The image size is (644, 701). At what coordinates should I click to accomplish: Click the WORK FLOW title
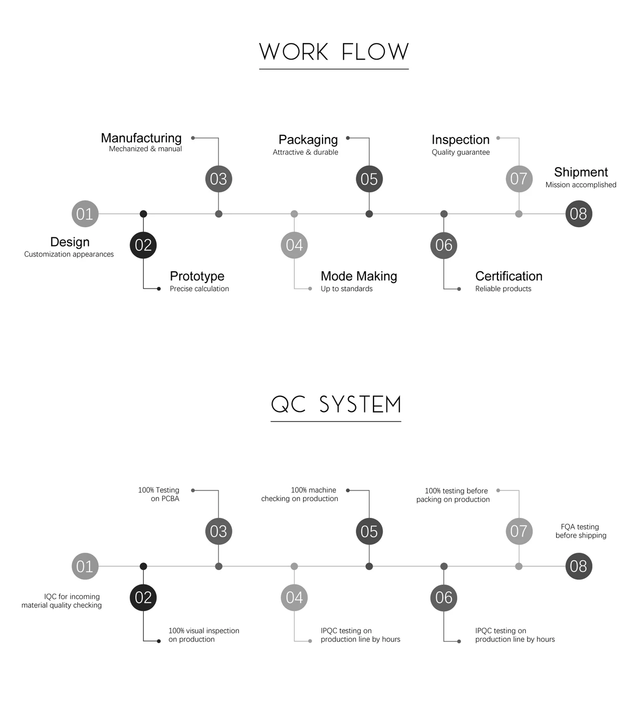pos(334,52)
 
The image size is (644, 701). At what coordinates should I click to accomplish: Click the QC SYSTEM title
pos(336,404)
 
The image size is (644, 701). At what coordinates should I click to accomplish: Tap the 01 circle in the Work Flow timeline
pos(85,214)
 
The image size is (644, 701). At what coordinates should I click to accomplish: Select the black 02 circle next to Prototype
pos(143,245)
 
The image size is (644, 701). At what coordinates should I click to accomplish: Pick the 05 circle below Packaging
pos(369,179)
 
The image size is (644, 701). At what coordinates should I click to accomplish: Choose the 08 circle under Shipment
pos(579,214)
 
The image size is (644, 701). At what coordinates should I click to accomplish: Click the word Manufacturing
pos(141,138)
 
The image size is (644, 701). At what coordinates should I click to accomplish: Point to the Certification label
pos(509,276)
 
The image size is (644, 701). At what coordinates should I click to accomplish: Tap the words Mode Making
pos(358,276)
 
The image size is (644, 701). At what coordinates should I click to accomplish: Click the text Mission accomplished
pos(581,185)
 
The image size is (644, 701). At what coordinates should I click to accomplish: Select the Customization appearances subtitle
pos(69,254)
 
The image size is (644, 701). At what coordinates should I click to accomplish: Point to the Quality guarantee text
pos(460,152)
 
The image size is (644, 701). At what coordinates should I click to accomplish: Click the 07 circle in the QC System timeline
pos(519,531)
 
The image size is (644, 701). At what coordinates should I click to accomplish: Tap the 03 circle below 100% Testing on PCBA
pos(218,531)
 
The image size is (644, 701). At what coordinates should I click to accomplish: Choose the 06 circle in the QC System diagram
pos(444,597)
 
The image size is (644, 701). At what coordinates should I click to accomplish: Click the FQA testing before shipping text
pos(581,531)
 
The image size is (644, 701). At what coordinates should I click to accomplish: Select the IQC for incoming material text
pos(62,601)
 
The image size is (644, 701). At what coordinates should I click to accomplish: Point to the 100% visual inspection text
pos(204,635)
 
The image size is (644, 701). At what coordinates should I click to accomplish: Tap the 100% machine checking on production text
pos(299,494)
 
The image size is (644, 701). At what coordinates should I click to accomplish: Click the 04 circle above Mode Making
pos(294,245)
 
